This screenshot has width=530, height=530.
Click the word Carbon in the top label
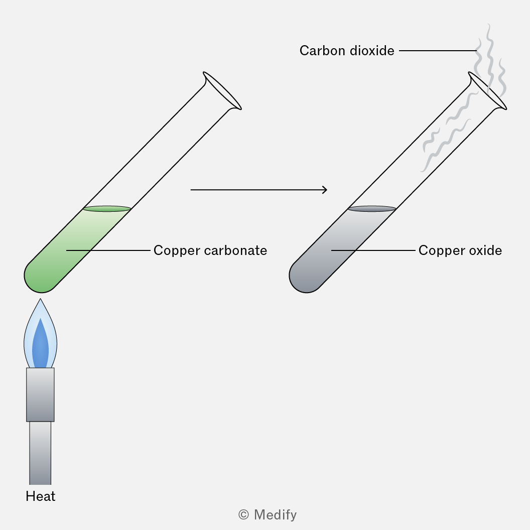(322, 51)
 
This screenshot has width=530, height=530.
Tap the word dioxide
(372, 51)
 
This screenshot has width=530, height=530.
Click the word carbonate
(236, 250)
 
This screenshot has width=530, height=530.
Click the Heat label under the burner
(41, 496)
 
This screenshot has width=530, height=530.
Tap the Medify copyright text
(268, 515)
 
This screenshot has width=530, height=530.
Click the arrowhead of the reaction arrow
(325, 190)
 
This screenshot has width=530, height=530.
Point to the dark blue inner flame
(40, 345)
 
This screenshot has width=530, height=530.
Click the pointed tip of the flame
(40, 299)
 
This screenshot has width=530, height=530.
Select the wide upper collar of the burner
(40, 394)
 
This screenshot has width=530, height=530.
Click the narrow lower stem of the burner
(40, 453)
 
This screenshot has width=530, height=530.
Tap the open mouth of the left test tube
(222, 90)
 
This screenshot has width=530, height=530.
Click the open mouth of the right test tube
(487, 90)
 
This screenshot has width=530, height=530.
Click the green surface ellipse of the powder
(107, 209)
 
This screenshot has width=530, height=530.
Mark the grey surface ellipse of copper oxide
(372, 209)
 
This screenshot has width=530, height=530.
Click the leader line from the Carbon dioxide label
(438, 51)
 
